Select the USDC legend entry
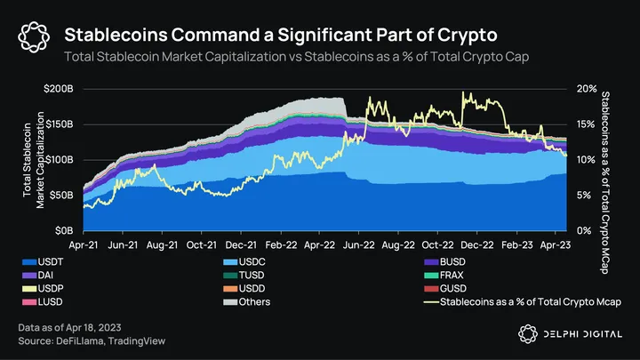(257, 263)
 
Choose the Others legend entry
(260, 302)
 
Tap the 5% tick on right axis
(584, 195)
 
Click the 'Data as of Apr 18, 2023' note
(76, 329)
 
